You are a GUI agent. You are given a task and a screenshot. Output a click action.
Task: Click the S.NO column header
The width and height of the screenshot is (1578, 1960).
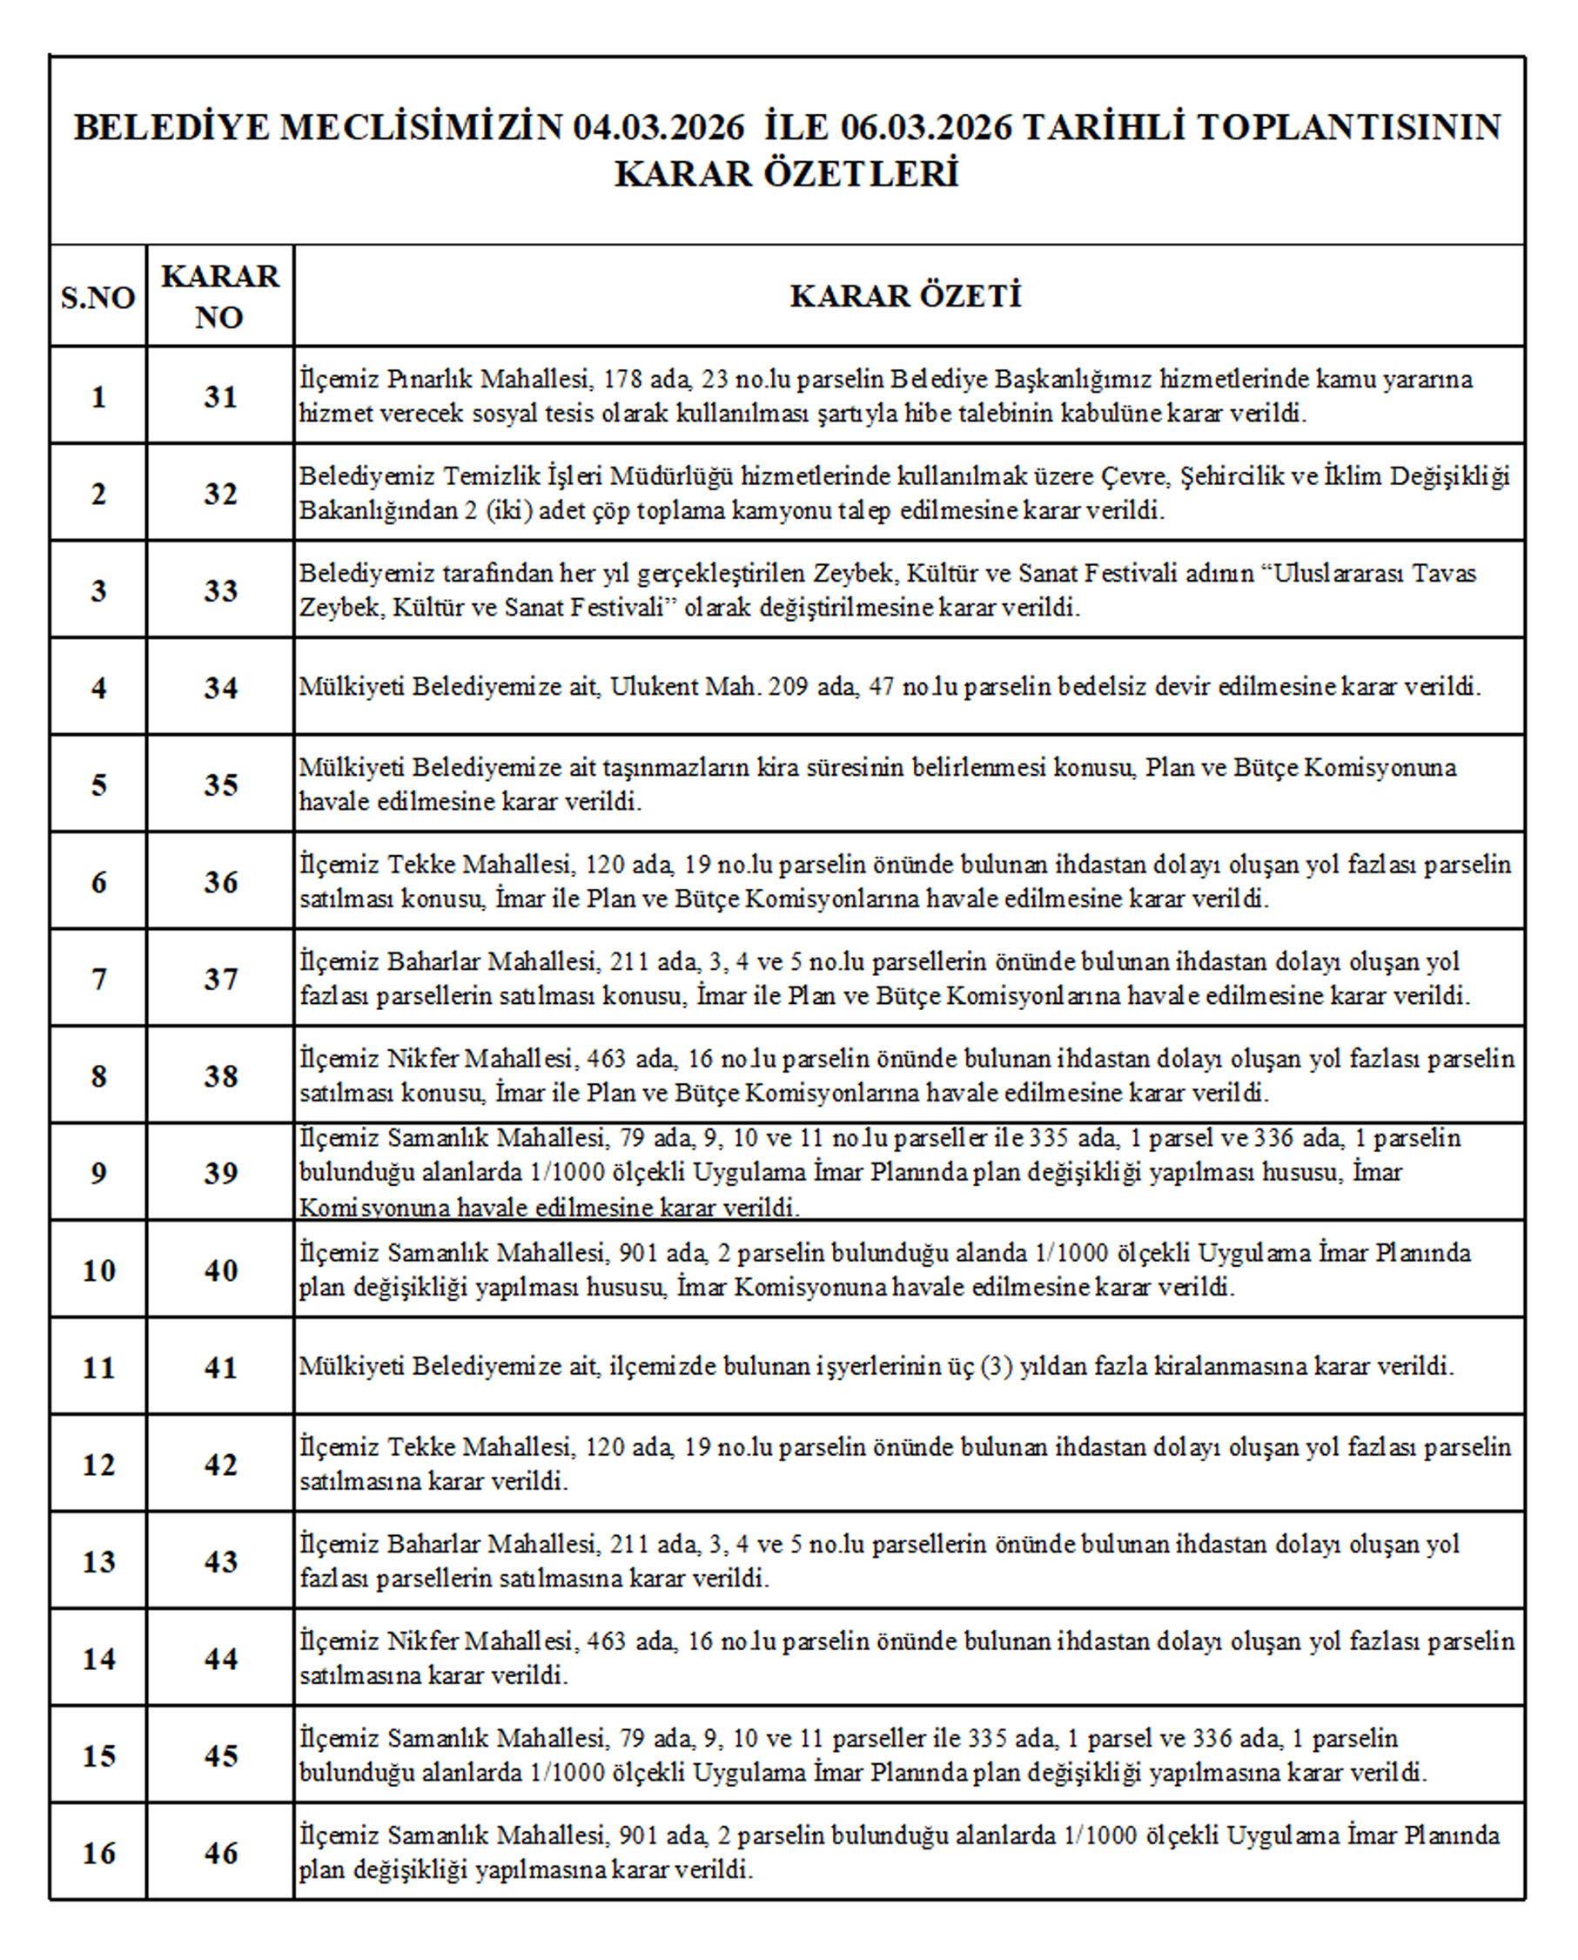tap(97, 297)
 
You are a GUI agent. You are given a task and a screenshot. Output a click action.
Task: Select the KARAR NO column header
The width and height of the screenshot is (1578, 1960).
tap(220, 296)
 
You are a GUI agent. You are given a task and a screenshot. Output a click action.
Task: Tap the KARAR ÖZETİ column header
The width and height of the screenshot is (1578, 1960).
tap(905, 295)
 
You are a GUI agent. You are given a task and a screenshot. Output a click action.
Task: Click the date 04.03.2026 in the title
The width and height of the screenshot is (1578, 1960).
tap(658, 127)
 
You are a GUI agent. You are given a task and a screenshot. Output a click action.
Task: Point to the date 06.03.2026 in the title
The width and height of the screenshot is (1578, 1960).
tap(925, 127)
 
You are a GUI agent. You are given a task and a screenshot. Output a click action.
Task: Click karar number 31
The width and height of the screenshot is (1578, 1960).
tap(220, 396)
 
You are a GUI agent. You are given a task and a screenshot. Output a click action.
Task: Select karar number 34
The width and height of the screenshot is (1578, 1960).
tap(220, 687)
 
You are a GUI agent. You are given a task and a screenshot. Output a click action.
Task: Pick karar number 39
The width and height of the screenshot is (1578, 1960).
tap(220, 1173)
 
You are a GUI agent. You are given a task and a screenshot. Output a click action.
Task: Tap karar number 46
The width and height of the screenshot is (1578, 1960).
tap(220, 1853)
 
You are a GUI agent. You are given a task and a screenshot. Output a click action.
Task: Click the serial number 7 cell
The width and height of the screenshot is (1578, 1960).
tap(98, 979)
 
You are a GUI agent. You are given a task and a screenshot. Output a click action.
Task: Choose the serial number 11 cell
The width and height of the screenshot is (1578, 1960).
tap(98, 1367)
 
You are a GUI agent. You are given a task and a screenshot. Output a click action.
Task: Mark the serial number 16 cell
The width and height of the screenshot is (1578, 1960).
tap(98, 1853)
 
